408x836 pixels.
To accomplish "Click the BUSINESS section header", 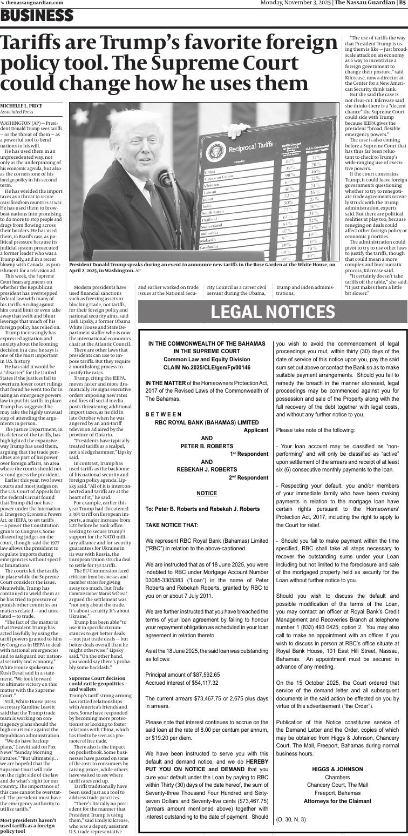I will point(37,16).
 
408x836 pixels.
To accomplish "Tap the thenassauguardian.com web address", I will point(34,3).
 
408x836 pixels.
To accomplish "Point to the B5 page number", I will point(402,3).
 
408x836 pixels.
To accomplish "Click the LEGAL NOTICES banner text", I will point(273,312).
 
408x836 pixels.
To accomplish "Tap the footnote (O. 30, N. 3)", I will point(291,819).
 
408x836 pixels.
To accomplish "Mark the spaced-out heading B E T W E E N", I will point(164,414).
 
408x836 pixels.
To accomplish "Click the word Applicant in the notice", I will point(256,430).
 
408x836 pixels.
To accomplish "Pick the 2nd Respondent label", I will point(249,477).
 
